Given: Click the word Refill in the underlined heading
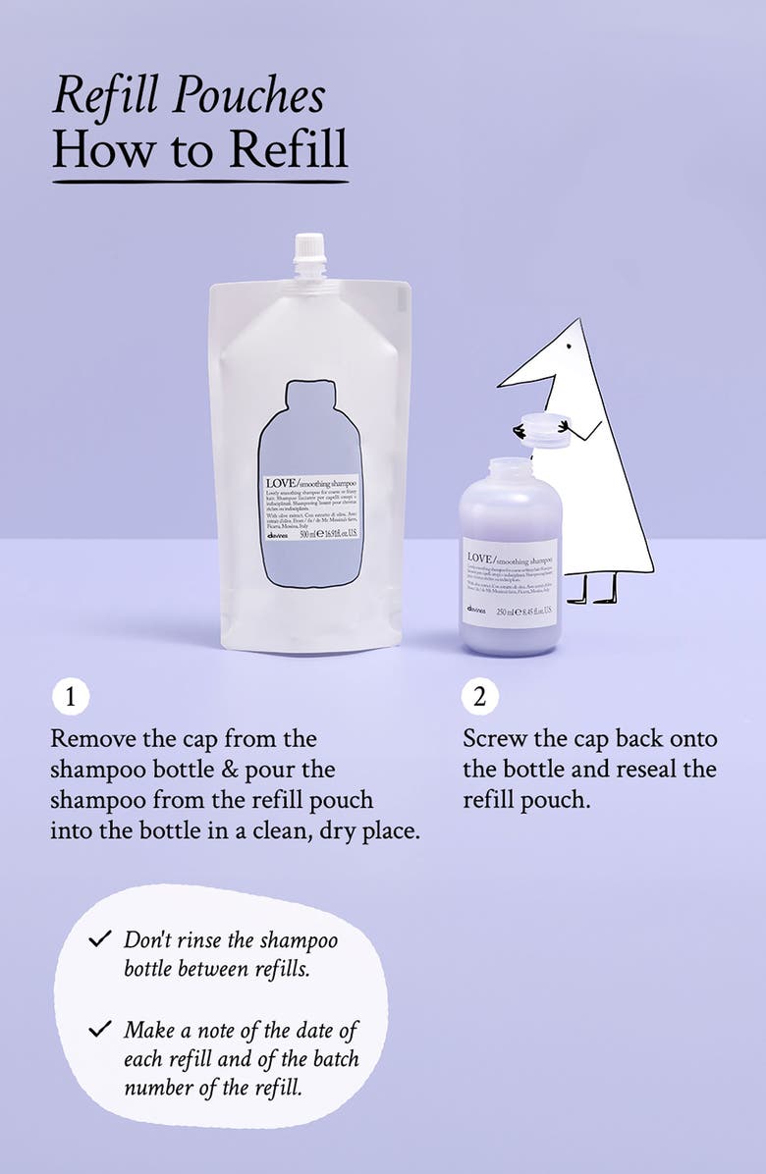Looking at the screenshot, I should [288, 148].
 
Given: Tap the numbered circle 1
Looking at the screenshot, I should [70, 697].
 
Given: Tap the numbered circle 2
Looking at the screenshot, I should [479, 697].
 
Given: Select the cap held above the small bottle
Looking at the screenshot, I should [544, 430].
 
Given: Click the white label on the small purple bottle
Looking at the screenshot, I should [510, 583].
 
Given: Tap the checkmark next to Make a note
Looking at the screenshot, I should [99, 1030].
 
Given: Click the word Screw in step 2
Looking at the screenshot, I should [500, 738].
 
